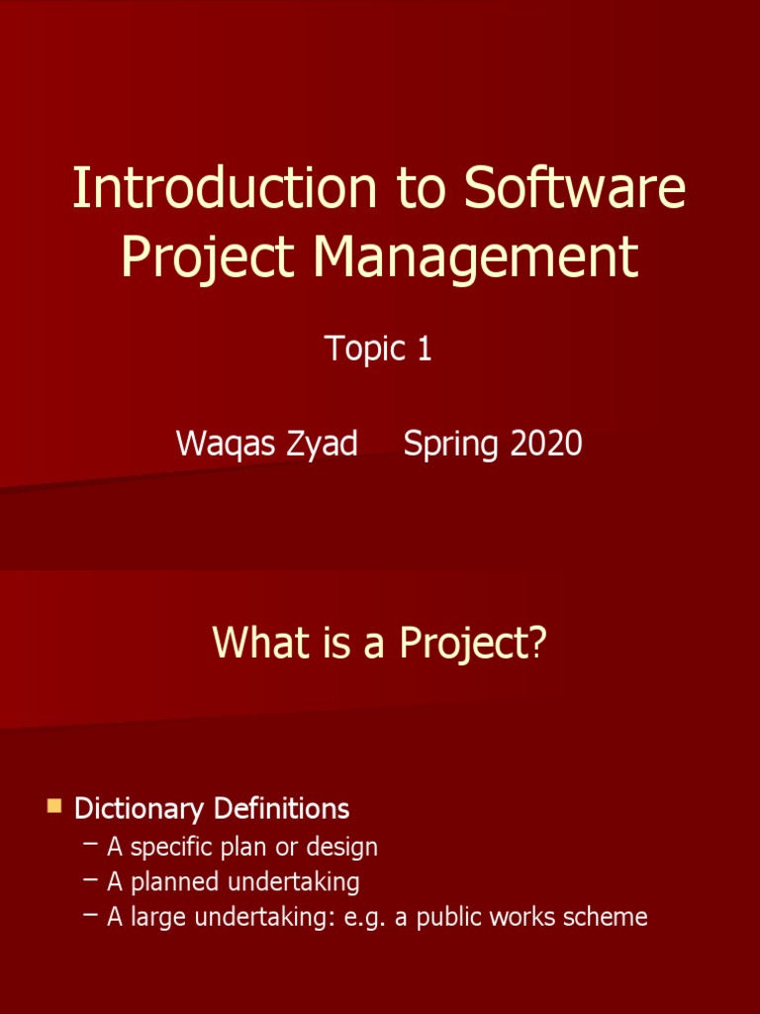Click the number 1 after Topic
[424, 349]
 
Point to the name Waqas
[223, 444]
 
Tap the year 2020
[546, 444]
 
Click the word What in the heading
[254, 644]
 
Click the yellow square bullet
[53, 806]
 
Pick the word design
[343, 848]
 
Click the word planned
[176, 881]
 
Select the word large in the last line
[156, 917]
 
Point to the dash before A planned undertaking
[91, 879]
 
